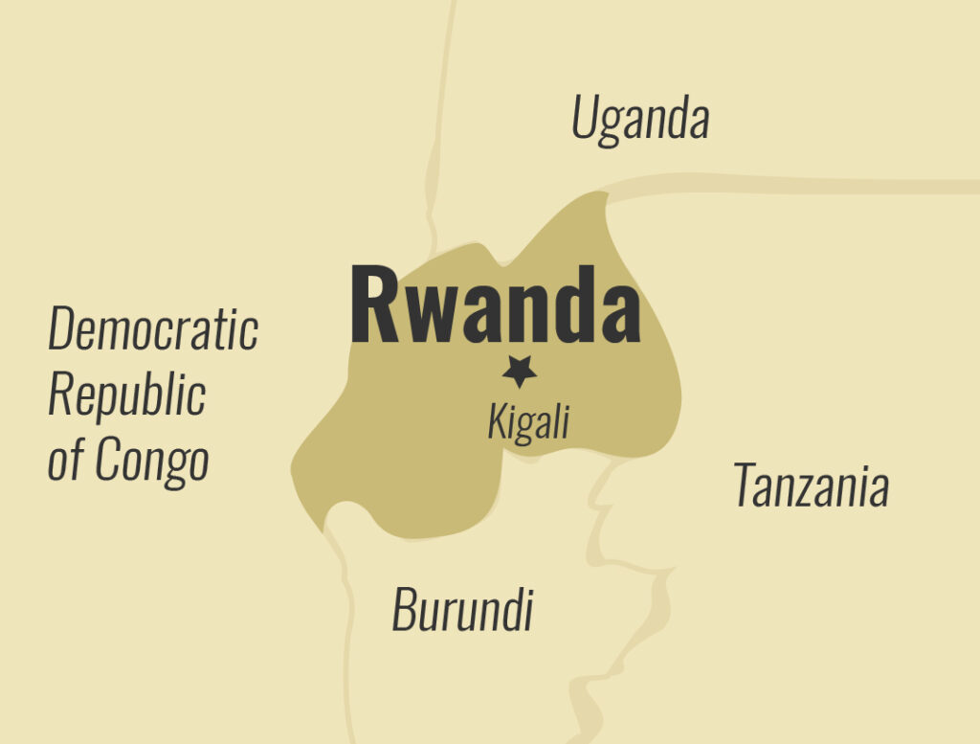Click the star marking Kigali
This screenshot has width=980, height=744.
(520, 371)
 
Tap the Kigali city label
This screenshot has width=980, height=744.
(527, 421)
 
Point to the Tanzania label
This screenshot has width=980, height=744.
(811, 485)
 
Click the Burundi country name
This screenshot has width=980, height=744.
(462, 609)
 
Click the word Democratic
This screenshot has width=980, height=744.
(153, 328)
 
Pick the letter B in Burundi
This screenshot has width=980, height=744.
(405, 609)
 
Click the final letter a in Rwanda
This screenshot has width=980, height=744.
(620, 313)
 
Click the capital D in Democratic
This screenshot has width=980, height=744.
(63, 328)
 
